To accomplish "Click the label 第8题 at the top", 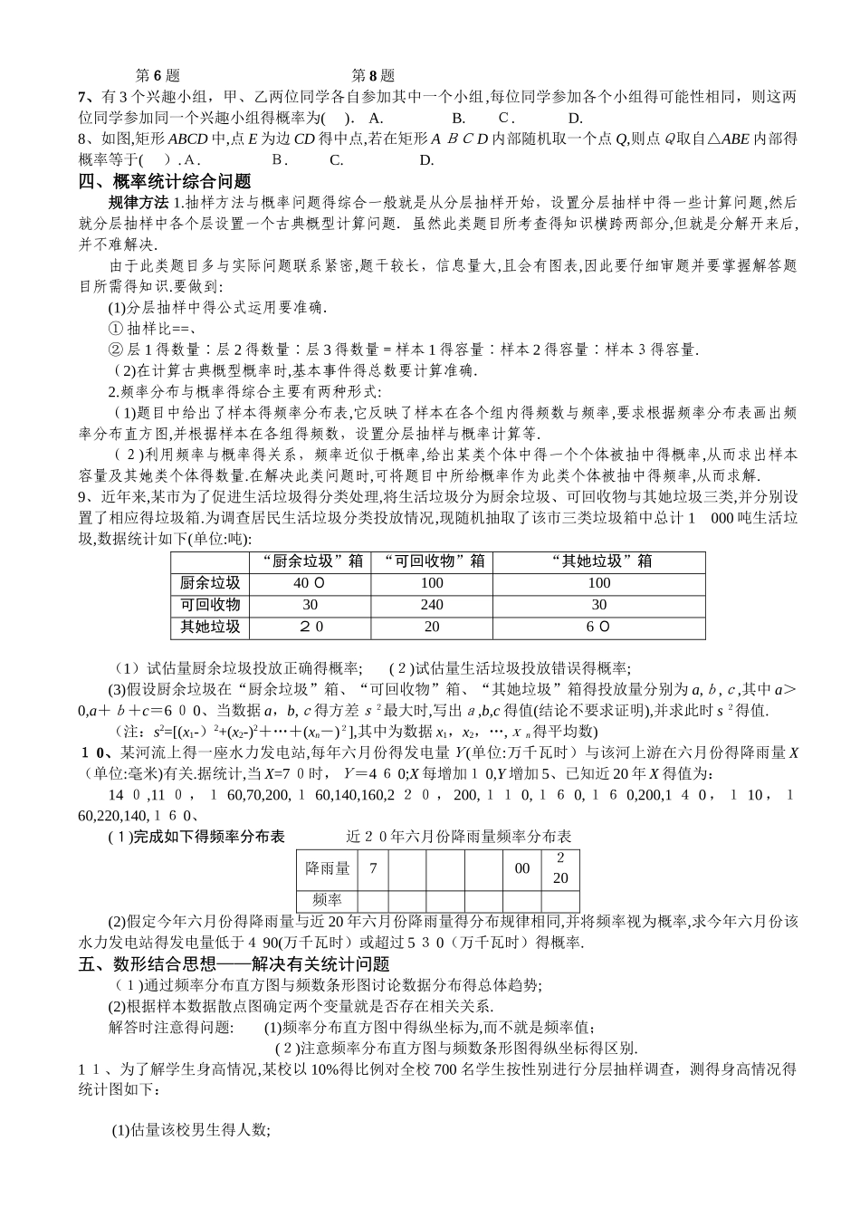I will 373,76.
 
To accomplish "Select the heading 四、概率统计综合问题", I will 165,181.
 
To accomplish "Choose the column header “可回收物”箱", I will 432,561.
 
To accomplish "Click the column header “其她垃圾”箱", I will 599,561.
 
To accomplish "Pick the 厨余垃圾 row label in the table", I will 211,583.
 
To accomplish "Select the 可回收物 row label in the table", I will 211,605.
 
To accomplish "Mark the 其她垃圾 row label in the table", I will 211,627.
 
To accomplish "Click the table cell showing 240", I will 432,605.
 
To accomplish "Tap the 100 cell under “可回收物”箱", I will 432,583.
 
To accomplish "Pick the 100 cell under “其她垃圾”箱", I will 599,583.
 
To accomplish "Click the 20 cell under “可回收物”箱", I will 432,627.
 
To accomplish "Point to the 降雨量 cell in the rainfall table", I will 327,868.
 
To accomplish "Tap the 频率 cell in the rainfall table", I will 327,900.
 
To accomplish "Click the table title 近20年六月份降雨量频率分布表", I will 459,837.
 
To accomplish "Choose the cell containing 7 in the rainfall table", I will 372,868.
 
